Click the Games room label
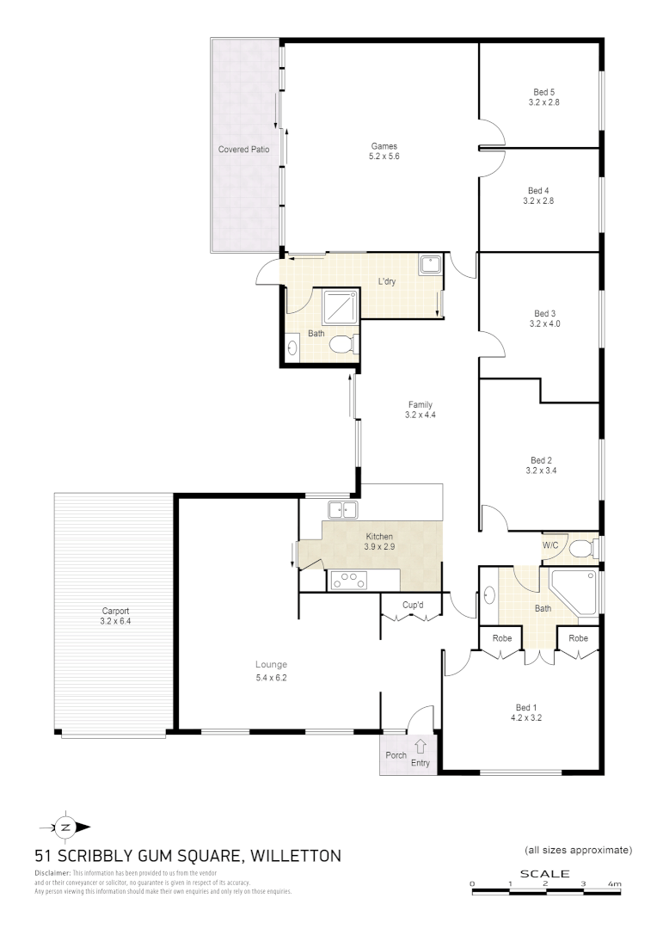384,145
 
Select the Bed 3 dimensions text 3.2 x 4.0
544,324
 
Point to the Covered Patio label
243,150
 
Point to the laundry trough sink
430,265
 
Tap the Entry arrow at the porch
421,747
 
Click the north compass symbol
65,827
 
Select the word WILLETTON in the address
296,856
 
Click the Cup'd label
414,605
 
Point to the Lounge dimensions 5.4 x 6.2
270,679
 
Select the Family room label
420,404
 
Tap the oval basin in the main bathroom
489,594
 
